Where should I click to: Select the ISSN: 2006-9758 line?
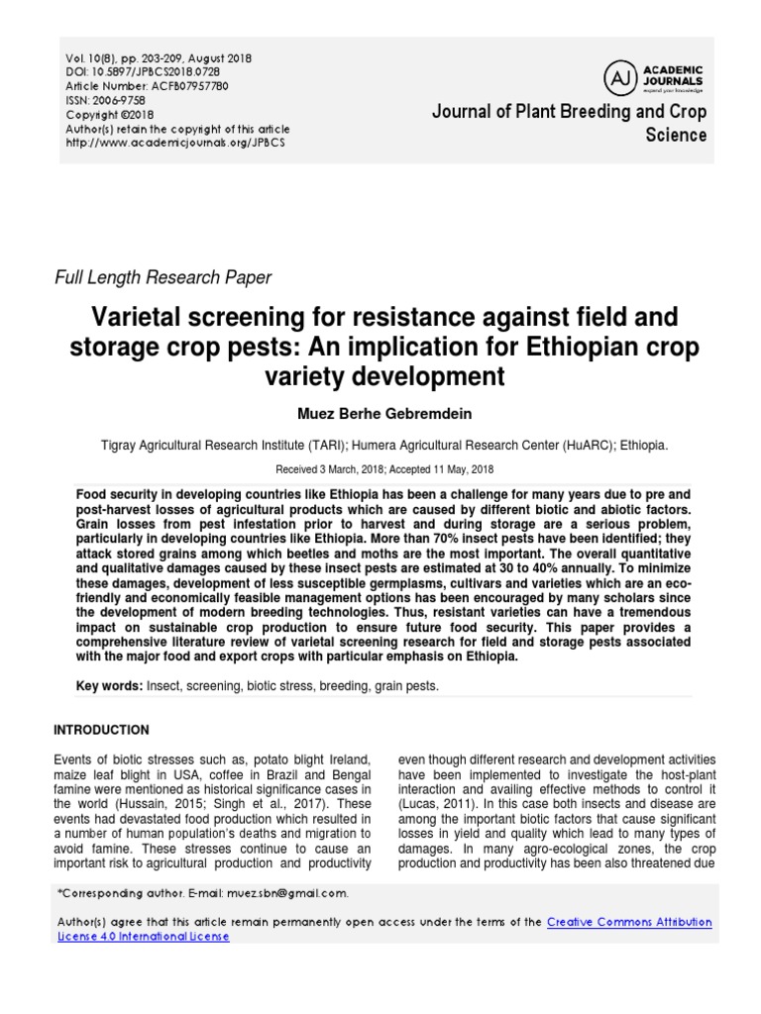(x=103, y=101)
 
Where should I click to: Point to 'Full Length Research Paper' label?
(x=163, y=278)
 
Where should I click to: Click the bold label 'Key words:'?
(x=110, y=686)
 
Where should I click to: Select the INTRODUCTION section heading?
(x=102, y=730)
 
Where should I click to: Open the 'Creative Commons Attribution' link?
(x=629, y=922)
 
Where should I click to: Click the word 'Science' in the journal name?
(x=676, y=136)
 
